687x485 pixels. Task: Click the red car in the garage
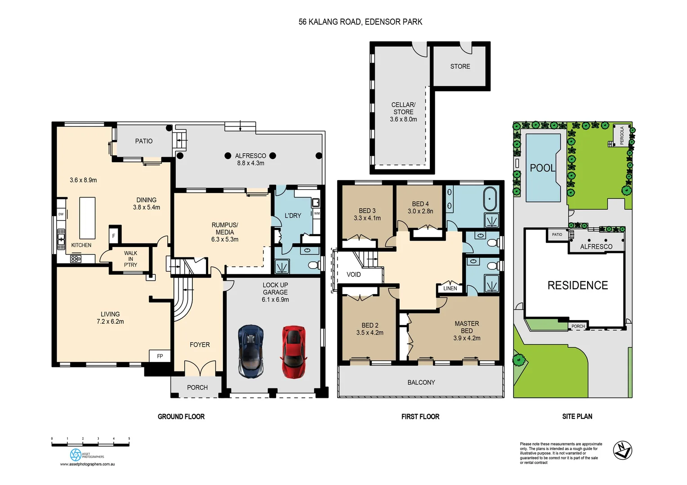coord(294,352)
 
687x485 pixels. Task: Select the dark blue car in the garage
coord(250,351)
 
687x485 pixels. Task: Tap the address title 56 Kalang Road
coord(360,22)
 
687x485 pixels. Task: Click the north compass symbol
coord(623,450)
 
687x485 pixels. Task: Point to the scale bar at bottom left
coord(90,444)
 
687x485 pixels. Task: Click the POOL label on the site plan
coord(542,168)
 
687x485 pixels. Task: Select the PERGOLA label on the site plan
coord(622,135)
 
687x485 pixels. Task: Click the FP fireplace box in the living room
coord(160,356)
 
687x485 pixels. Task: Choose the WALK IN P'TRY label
coord(130,259)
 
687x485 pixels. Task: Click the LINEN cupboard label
coord(450,288)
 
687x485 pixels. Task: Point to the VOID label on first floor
coord(353,274)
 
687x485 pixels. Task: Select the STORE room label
coord(460,66)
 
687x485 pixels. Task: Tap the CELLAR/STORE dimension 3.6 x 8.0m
coord(403,119)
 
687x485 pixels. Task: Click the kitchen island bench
coord(87,218)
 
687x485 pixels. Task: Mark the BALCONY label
coord(421,383)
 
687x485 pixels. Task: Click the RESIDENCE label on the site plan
coord(577,285)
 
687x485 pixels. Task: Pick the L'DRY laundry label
coord(293,216)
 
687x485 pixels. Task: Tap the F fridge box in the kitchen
coord(114,235)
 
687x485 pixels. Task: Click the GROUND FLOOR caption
coord(181,417)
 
